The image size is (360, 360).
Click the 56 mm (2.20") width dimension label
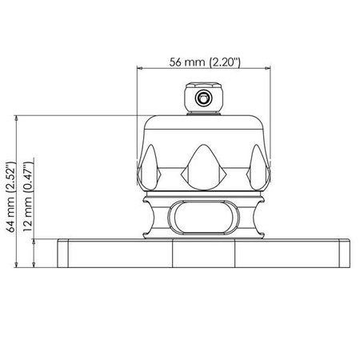(x=205, y=62)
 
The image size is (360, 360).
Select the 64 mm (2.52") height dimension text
(x=12, y=197)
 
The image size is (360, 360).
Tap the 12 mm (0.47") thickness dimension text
(x=28, y=197)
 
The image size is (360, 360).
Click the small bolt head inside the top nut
(x=204, y=98)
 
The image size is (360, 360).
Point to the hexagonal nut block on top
(x=204, y=98)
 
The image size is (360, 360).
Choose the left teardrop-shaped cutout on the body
(x=150, y=167)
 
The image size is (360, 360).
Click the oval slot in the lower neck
(x=204, y=217)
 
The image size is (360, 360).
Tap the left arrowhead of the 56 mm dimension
(x=139, y=68)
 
